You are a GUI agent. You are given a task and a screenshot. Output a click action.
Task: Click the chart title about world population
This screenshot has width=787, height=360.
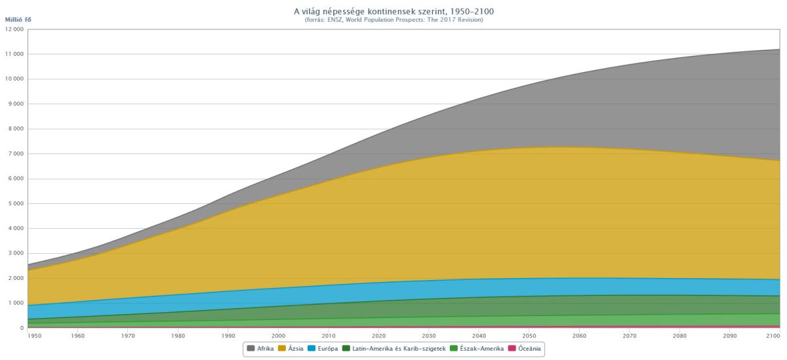[393, 12]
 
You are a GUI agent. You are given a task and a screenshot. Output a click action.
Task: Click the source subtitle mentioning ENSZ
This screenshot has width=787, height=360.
[393, 20]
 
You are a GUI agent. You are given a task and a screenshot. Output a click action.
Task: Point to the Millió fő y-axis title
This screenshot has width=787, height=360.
[18, 20]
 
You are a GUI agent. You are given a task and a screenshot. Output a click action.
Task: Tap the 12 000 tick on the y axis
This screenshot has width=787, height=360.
[14, 29]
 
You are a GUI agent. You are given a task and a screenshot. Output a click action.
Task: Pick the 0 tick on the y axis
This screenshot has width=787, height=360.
[22, 328]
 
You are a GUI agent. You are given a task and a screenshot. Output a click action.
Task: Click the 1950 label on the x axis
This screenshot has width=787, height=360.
[34, 336]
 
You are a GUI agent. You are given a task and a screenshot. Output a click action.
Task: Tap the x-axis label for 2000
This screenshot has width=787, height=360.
[278, 336]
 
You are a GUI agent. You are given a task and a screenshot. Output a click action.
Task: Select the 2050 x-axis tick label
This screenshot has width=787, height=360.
[529, 336]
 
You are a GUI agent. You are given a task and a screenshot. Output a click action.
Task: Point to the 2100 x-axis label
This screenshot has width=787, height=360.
[773, 336]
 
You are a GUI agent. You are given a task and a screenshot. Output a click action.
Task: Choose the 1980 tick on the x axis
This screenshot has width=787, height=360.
[178, 336]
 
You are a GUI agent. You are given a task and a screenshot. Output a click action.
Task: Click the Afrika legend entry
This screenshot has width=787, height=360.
[260, 349]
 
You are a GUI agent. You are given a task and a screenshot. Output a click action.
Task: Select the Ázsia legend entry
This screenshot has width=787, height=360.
[291, 349]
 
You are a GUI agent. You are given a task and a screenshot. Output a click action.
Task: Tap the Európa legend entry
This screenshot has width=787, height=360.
[323, 349]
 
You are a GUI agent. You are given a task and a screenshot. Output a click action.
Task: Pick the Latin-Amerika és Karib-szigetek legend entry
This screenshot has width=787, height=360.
[394, 349]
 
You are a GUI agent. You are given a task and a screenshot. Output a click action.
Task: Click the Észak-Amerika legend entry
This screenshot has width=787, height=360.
[477, 349]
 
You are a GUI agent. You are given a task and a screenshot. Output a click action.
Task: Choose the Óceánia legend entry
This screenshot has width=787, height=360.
[525, 349]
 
